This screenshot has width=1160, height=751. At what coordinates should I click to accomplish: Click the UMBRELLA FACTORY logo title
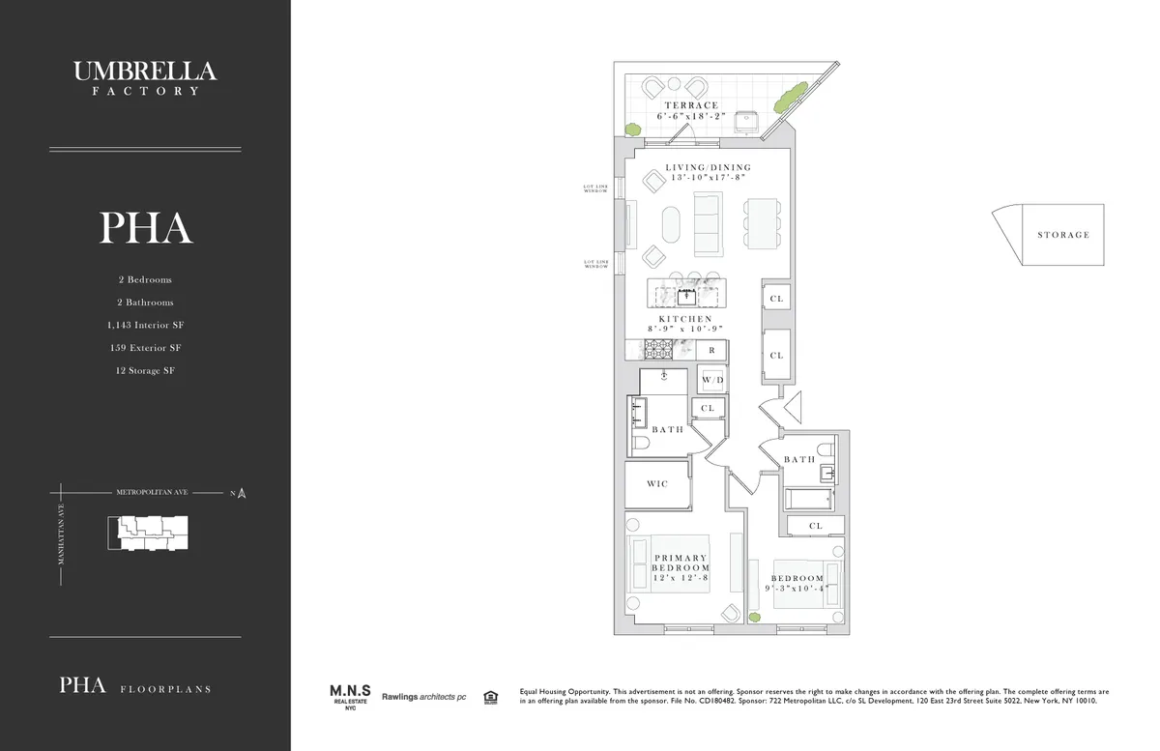[145, 76]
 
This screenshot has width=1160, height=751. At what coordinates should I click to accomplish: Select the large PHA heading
[145, 227]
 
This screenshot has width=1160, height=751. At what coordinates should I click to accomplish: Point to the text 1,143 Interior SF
[145, 326]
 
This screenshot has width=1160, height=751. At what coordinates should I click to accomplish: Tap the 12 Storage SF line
[145, 370]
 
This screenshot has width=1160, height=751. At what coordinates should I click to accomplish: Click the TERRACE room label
[691, 105]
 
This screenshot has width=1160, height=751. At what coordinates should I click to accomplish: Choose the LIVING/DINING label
[708, 167]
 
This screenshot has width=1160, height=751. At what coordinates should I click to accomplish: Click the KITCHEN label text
[685, 319]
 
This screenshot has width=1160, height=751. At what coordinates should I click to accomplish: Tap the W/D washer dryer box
[712, 380]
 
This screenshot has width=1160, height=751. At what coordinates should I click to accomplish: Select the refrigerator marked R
[711, 349]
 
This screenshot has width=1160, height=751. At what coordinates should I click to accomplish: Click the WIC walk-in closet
[657, 483]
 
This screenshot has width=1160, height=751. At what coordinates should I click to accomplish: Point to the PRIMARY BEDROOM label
[681, 563]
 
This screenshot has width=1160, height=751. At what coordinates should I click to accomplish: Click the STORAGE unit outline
[1049, 234]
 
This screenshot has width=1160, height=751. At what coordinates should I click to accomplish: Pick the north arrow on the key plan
[242, 493]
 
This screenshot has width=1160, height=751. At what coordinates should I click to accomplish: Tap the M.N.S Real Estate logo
[347, 696]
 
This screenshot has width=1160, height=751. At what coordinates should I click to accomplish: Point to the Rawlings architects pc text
[423, 696]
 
